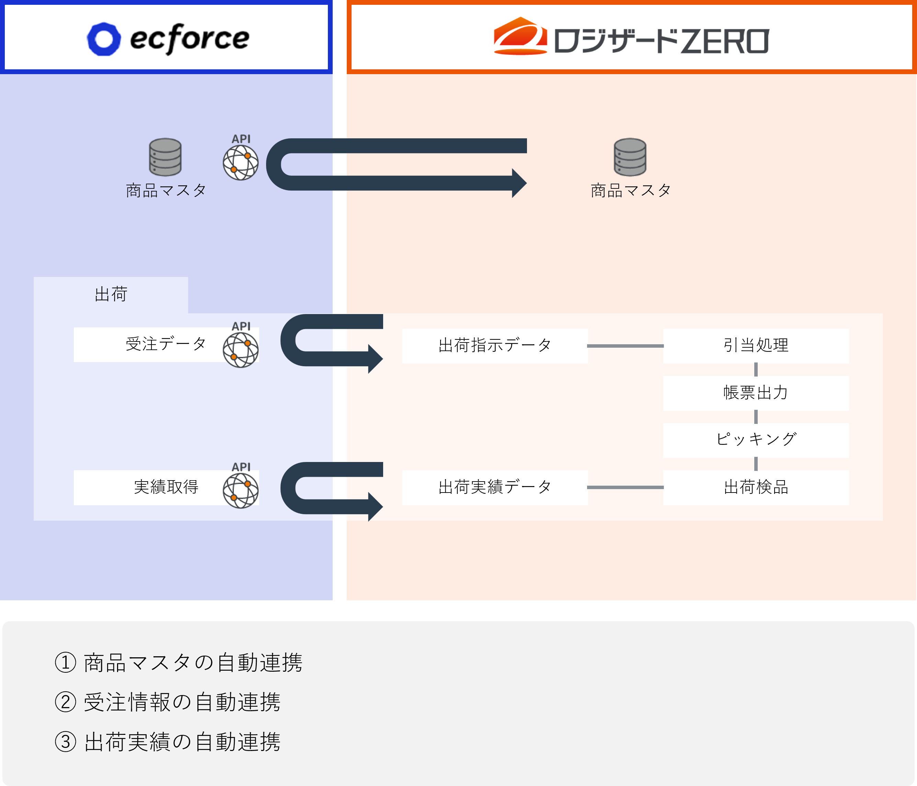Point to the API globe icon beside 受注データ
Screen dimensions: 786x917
[241, 350]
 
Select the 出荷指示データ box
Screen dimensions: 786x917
[495, 346]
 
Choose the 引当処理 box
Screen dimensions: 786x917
[756, 346]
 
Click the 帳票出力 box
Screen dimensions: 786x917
[756, 393]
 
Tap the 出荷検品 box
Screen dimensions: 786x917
[756, 487]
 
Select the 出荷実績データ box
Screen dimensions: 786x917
[495, 487]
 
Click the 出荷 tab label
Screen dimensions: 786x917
[111, 294]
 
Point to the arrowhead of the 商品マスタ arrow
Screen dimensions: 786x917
[519, 183]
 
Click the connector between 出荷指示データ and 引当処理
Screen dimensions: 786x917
[625, 346]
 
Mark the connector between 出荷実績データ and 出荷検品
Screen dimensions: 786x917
[625, 487]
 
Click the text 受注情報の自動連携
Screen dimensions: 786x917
[182, 702]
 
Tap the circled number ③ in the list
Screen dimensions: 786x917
[66, 742]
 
